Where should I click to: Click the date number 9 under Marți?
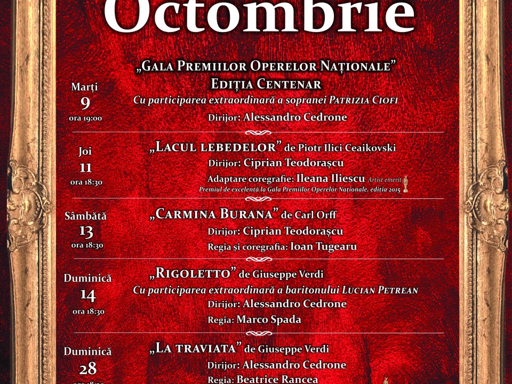point(85,102)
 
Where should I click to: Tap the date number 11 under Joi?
point(85,167)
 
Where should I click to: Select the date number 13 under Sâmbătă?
point(86,231)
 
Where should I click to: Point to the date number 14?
point(87,294)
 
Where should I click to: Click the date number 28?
point(87,368)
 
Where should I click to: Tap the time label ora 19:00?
point(85,118)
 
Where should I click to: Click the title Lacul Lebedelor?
point(216,147)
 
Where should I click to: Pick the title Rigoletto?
point(193,274)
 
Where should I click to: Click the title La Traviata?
point(196,348)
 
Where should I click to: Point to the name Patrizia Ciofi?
point(363,100)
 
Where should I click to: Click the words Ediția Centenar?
point(266,84)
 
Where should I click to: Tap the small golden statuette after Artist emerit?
point(405,184)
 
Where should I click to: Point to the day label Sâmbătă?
point(85,216)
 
